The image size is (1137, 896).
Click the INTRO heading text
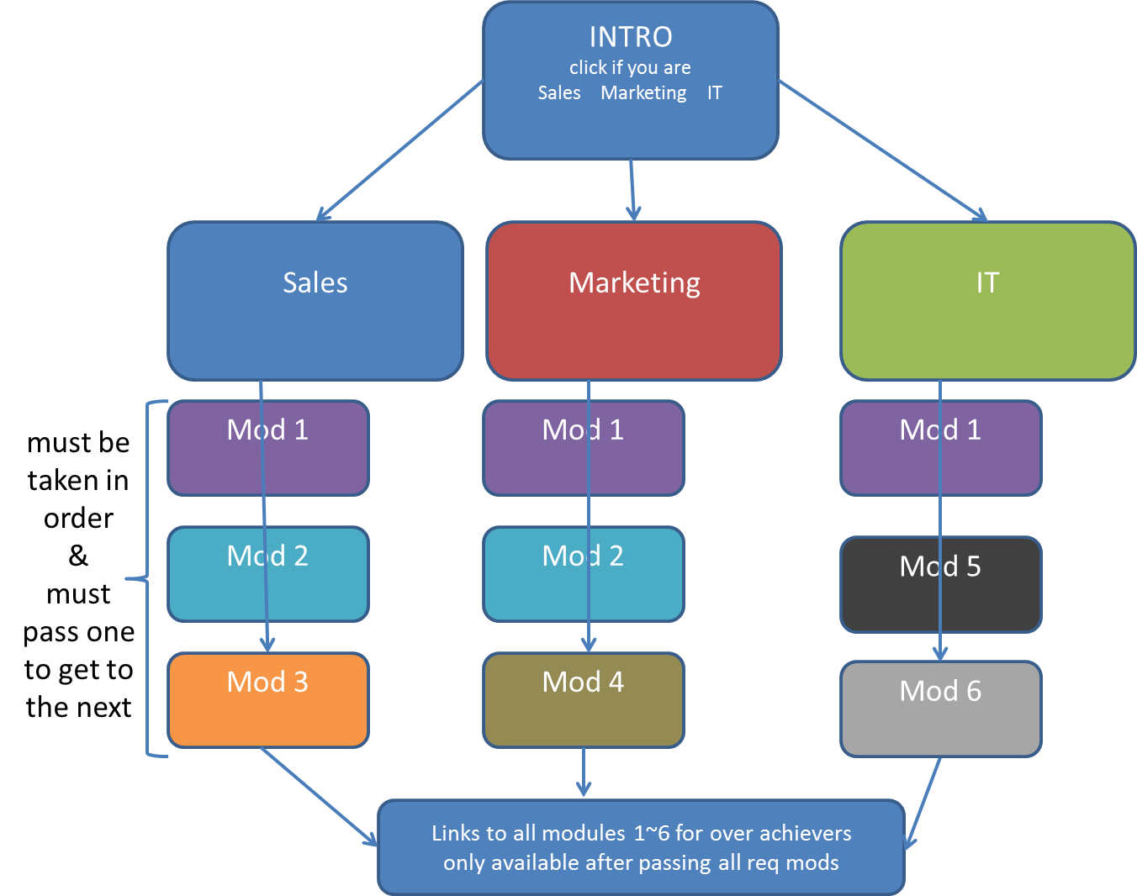(631, 37)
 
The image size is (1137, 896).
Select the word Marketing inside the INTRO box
(643, 92)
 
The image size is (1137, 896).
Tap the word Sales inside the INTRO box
(559, 92)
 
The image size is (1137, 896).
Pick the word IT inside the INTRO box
(714, 92)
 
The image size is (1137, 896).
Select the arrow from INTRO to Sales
(399, 151)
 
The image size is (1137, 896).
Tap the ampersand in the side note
(78, 556)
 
